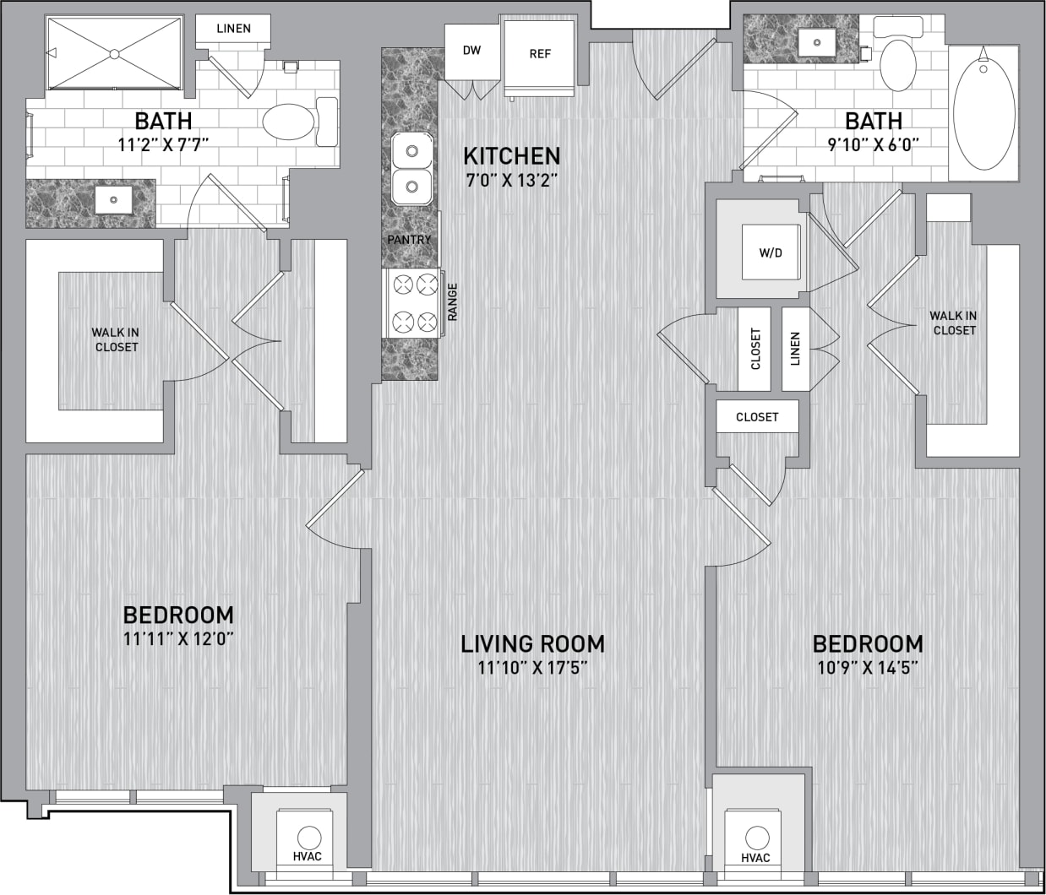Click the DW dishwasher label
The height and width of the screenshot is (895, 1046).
point(471,51)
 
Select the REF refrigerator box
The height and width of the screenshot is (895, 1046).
point(540,54)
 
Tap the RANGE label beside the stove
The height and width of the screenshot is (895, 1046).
point(453,301)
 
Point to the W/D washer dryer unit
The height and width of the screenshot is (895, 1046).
point(770,252)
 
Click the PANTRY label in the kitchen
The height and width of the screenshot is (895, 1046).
point(409,240)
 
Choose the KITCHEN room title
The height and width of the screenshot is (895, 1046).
point(511,156)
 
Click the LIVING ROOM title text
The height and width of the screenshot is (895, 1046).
point(532,644)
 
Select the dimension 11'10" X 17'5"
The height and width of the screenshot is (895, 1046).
point(532,669)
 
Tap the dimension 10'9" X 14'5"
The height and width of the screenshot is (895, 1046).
point(867,669)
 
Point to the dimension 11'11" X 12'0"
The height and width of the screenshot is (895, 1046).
point(178,639)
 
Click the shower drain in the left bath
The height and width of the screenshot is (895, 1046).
point(113,53)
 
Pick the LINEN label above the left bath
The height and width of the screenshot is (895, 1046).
point(233,29)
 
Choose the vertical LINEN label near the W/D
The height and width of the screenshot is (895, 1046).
point(795,349)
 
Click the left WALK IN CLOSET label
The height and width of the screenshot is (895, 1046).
point(116,340)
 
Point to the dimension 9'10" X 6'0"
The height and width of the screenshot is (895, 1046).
point(874,144)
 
